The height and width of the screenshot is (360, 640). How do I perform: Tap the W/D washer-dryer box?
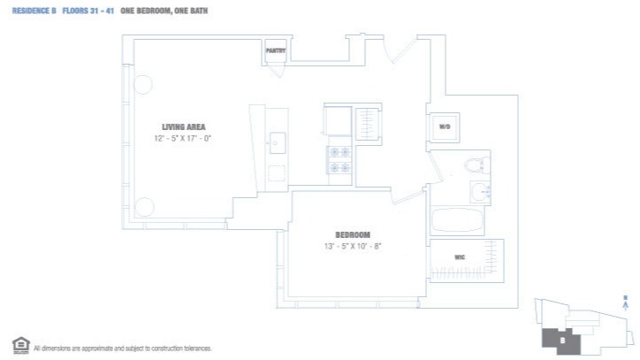pyautogui.click(x=445, y=127)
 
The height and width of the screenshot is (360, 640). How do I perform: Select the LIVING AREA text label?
pyautogui.click(x=184, y=126)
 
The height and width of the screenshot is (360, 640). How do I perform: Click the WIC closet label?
pyautogui.click(x=460, y=257)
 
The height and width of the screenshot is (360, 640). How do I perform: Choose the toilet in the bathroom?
pyautogui.click(x=475, y=163)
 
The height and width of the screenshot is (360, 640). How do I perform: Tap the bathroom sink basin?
pyautogui.click(x=479, y=191)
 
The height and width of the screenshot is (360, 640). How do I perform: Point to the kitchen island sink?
pyautogui.click(x=277, y=142)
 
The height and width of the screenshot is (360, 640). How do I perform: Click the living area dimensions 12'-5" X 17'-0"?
pyautogui.click(x=184, y=138)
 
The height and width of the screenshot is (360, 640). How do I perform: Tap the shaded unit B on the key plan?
pyautogui.click(x=561, y=337)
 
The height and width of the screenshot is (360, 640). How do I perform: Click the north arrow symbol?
pyautogui.click(x=626, y=303)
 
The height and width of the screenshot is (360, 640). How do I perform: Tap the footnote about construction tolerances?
pyautogui.click(x=122, y=348)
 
